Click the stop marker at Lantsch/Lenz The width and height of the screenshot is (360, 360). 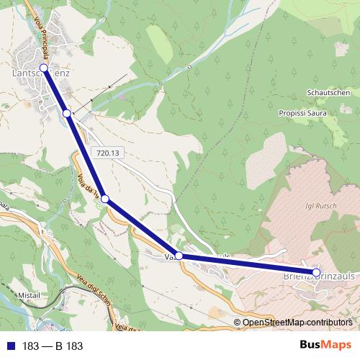43,68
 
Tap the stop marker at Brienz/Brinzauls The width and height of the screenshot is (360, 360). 315,273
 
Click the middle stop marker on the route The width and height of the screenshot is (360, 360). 104,199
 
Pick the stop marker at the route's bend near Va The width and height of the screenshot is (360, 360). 179,256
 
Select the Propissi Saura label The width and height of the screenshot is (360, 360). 302,113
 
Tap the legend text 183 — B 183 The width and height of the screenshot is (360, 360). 52,346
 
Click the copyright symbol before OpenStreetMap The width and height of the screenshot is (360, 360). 238,322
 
